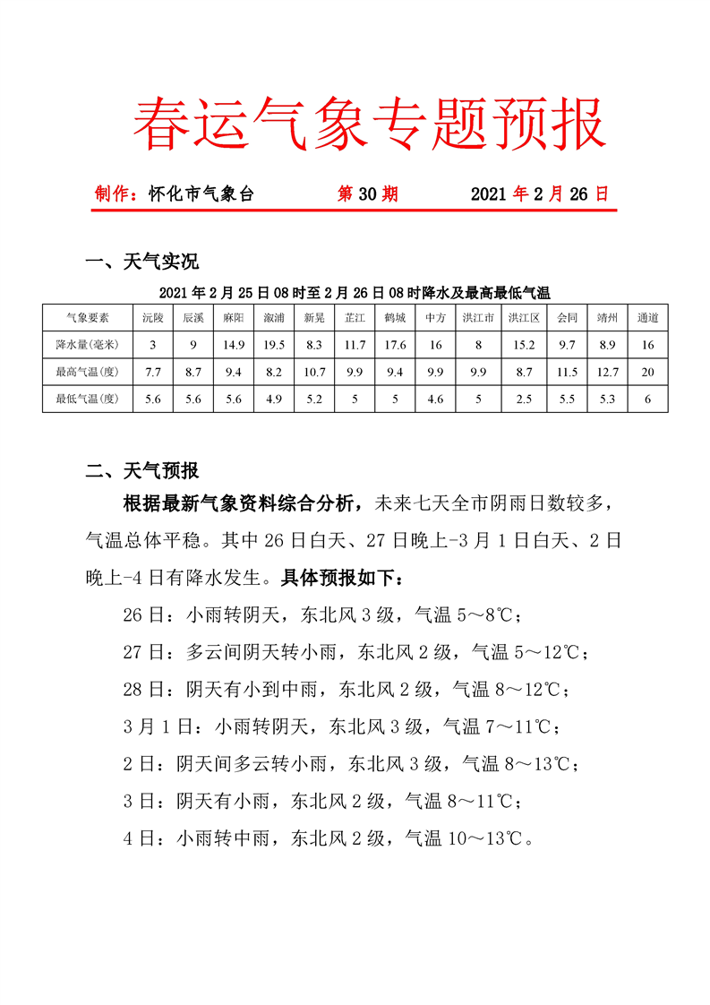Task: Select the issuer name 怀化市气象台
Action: (202, 193)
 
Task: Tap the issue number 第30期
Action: (367, 193)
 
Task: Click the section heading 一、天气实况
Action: (141, 262)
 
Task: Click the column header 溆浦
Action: (274, 318)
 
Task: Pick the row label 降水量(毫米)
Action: (88, 345)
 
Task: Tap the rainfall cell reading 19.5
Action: (274, 345)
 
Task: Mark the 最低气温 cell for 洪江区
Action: (523, 399)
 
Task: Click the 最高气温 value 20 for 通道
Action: (648, 372)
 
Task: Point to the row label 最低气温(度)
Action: (88, 399)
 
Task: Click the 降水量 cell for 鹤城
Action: (395, 345)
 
